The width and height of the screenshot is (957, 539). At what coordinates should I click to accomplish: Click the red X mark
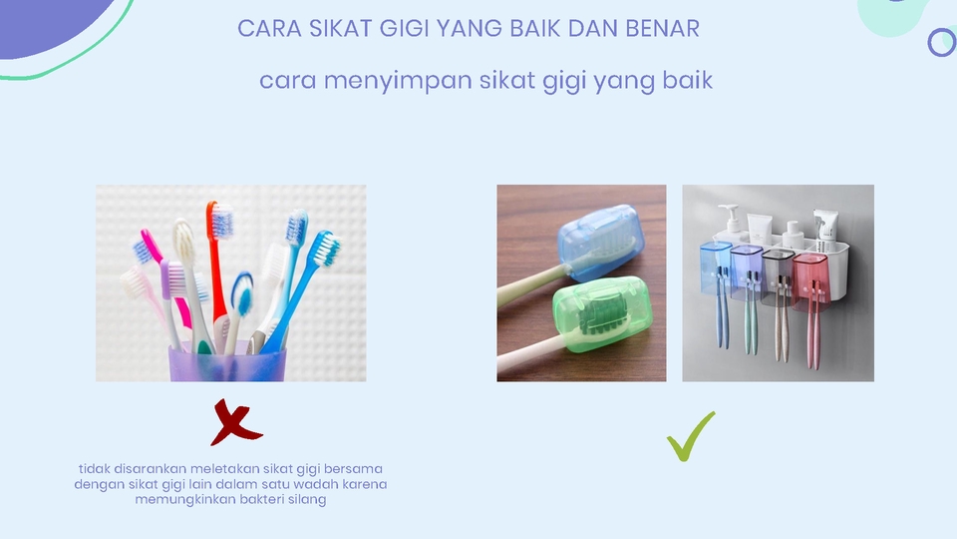pyautogui.click(x=235, y=422)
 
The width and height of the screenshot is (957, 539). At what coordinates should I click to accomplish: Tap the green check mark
pyautogui.click(x=691, y=436)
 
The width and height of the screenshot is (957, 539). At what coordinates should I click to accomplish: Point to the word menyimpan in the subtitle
pyautogui.click(x=399, y=80)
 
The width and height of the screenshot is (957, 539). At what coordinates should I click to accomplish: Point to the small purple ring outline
pyautogui.click(x=941, y=42)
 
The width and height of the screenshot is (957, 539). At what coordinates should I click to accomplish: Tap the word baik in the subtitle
pyautogui.click(x=688, y=80)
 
